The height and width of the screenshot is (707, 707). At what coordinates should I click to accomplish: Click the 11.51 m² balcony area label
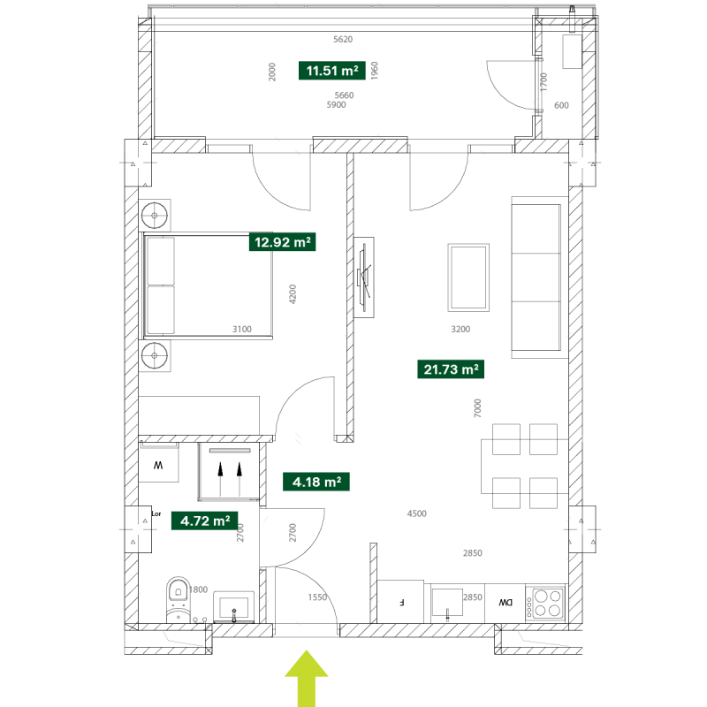click(332, 71)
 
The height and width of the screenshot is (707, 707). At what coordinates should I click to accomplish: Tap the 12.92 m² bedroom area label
click(282, 242)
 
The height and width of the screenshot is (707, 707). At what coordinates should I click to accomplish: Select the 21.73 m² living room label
click(451, 369)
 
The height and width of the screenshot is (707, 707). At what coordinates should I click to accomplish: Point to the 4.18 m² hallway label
click(316, 482)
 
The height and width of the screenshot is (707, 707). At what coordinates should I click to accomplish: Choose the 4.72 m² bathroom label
click(205, 521)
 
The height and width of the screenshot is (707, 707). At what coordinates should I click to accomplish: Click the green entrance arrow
click(307, 678)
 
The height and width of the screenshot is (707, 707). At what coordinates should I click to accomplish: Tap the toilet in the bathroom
click(179, 599)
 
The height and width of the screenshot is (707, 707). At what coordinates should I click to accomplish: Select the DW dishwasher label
click(506, 603)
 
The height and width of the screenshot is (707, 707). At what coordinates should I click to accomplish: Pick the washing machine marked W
click(158, 462)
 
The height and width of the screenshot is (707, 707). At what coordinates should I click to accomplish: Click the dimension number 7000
click(477, 408)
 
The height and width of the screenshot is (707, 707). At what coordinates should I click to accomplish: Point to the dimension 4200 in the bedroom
click(293, 294)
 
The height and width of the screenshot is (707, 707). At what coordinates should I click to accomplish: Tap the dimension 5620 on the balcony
click(343, 39)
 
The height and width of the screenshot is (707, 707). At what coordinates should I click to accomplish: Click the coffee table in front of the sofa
click(468, 277)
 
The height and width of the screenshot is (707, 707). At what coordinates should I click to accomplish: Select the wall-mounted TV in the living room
click(364, 277)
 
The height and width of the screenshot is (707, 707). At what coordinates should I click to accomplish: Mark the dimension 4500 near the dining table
click(416, 513)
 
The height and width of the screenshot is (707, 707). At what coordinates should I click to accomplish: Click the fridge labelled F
click(400, 602)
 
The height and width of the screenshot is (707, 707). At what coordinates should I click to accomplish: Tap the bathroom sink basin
click(233, 606)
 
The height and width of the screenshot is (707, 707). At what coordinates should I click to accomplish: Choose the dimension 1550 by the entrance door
click(317, 597)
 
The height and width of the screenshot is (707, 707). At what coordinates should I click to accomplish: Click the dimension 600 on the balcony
click(561, 105)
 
